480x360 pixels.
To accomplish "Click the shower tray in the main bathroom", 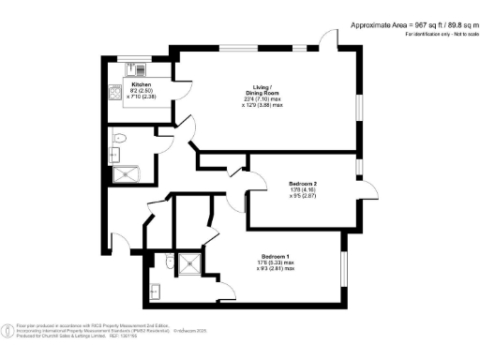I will point(123,172).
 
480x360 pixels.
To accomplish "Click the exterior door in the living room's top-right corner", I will point(328,39).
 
